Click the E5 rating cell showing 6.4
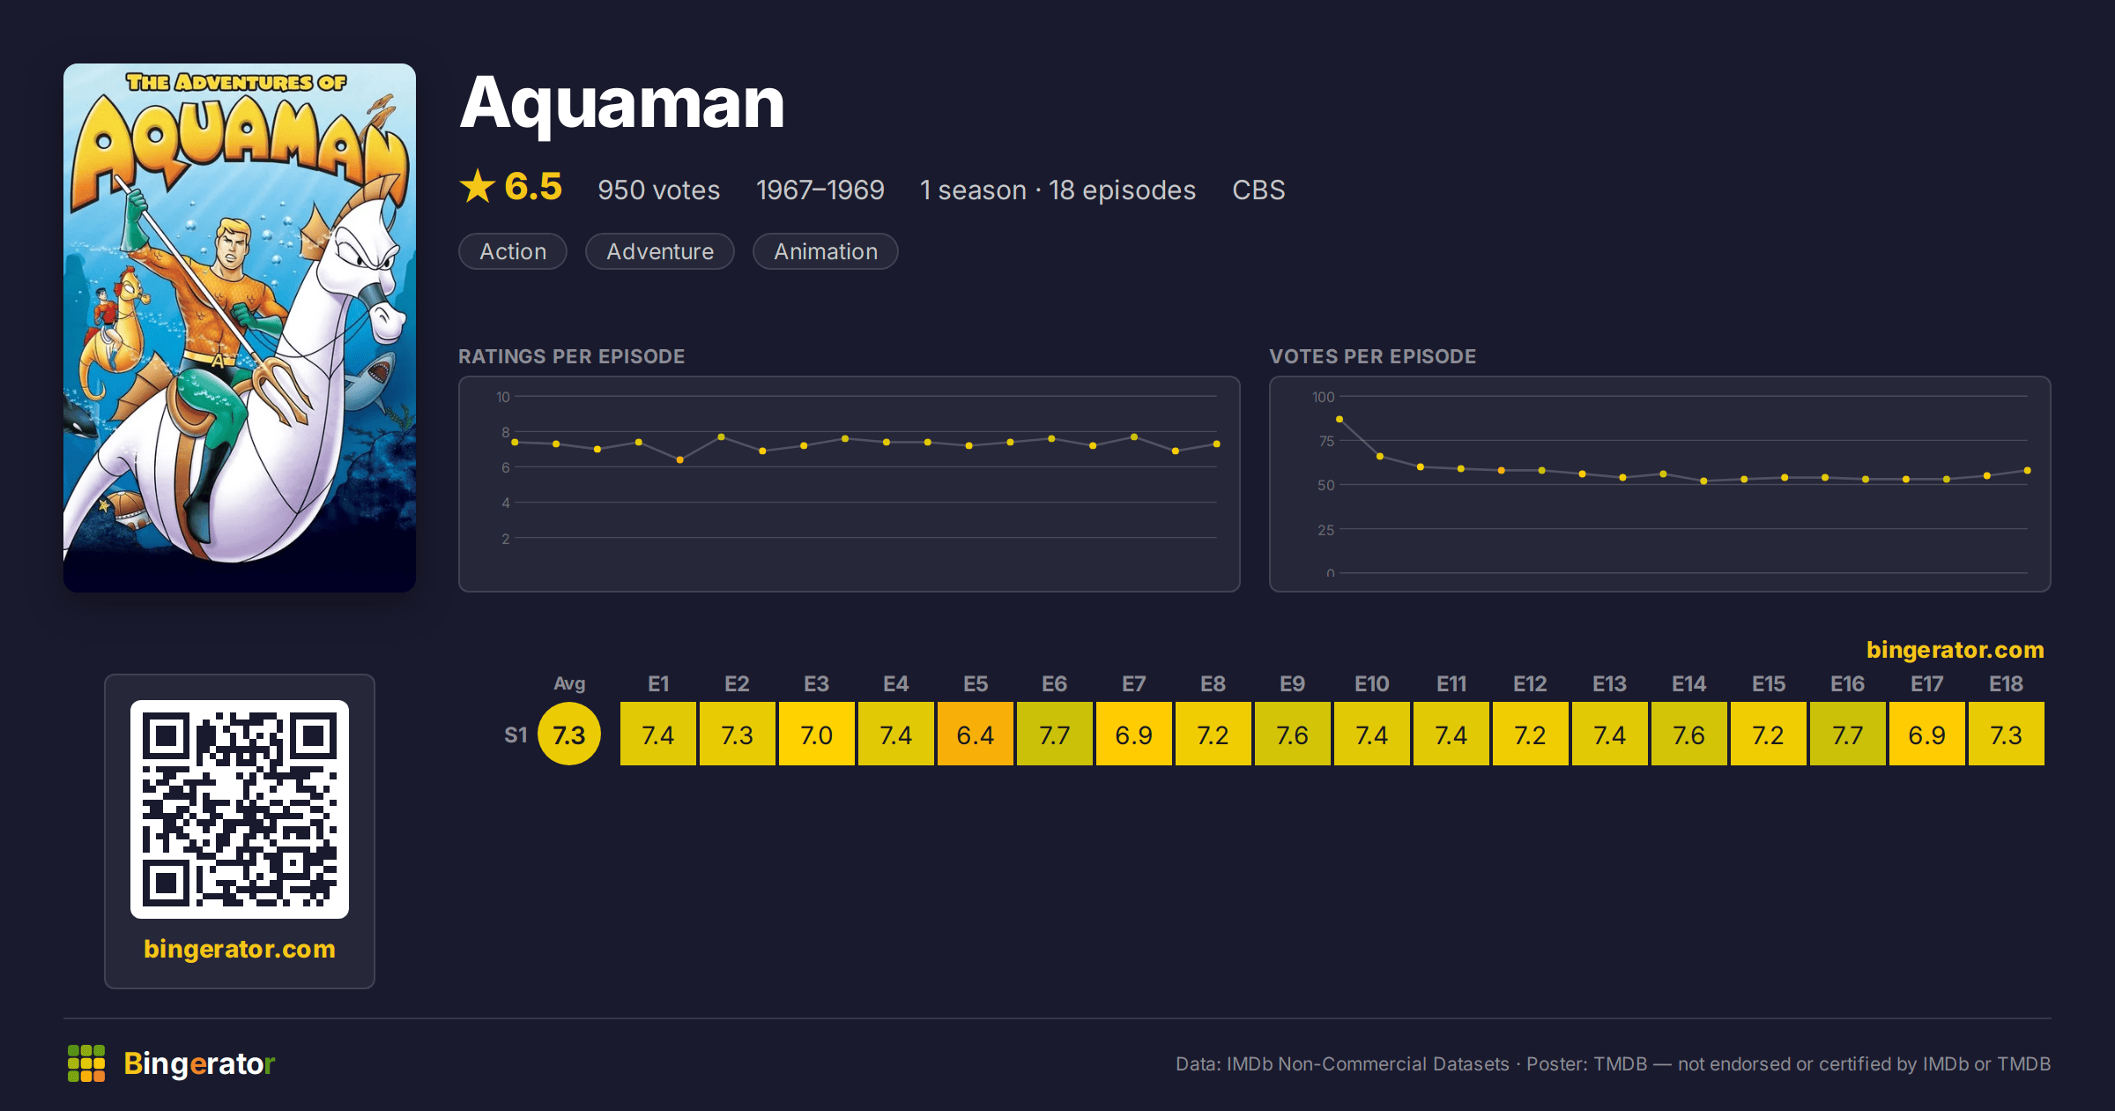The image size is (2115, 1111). coord(975,734)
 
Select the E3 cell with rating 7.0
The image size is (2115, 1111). coord(816,734)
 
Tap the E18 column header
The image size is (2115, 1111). coord(2006,683)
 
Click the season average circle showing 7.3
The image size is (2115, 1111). coord(569,734)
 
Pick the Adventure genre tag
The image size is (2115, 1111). coord(660,251)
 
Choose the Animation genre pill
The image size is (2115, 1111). coord(826,251)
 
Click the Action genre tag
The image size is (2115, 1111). coord(513,251)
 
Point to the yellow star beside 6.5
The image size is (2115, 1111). coord(478,186)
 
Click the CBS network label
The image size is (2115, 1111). coord(1258,190)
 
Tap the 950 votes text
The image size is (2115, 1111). coord(658,190)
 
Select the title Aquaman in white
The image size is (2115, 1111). coord(622,104)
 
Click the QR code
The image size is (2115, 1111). coord(240,809)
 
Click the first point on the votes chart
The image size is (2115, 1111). coord(1339,420)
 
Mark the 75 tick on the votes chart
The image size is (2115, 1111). coord(1326,441)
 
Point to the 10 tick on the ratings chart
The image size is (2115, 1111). coord(502,397)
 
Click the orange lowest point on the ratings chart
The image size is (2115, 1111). coord(680,460)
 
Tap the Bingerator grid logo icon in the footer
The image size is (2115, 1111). coord(86,1063)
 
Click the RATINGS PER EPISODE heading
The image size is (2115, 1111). coord(571,356)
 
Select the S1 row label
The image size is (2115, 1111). coord(516,734)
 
